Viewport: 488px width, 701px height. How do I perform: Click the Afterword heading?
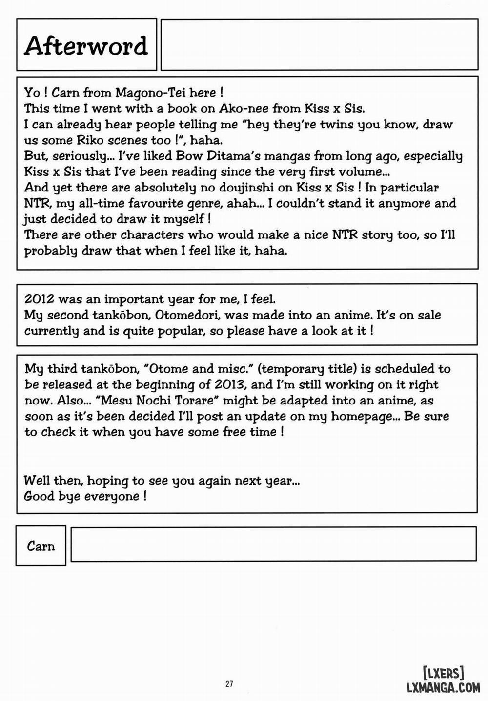pos(86,46)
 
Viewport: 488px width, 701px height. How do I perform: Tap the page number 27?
pos(229,684)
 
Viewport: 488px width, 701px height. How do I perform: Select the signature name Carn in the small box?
pos(41,546)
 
